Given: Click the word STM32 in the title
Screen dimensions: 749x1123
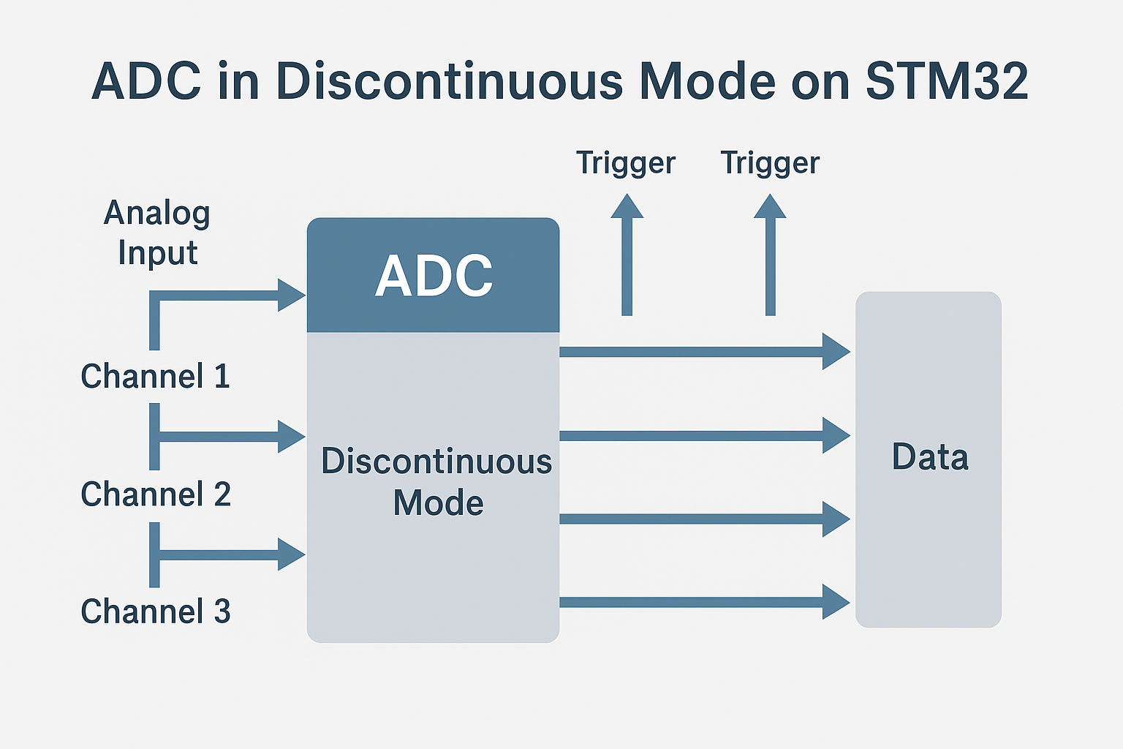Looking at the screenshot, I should pos(947,80).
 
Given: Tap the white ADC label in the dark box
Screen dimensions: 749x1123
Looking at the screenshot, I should pos(434,276).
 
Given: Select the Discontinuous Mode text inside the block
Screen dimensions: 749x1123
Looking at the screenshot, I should pos(436,482).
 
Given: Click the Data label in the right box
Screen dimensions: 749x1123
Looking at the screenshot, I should pos(930,457).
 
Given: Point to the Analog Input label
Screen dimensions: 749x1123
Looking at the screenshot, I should pos(157,233).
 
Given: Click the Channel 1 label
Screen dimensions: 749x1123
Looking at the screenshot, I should pos(155,377).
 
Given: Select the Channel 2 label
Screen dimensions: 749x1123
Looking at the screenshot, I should pos(155,494).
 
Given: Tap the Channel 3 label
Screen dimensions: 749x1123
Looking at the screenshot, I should pos(155,611).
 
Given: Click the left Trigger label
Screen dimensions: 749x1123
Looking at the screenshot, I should pos(625,162).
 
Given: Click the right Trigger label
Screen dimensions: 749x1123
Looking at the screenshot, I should pos(770,162).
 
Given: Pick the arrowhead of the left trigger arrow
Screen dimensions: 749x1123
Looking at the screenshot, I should pos(627,207).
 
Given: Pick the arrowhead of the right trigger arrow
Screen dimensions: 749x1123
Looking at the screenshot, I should pos(770,207).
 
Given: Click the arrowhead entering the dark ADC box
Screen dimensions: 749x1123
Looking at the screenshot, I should pos(291,296).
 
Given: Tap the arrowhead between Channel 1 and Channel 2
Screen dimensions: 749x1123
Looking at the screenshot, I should pos(291,437).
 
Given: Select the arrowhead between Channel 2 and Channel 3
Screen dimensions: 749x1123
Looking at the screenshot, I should pos(291,554).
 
